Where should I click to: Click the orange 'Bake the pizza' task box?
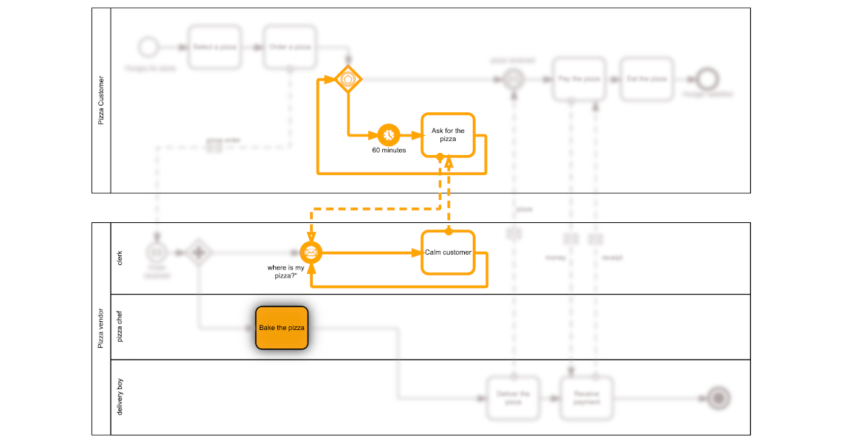click(x=281, y=328)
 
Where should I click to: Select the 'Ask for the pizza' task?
click(x=448, y=134)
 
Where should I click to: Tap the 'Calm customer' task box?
click(x=448, y=253)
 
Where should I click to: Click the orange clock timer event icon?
click(x=389, y=134)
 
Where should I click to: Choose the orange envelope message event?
click(x=311, y=253)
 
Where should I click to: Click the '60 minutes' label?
click(x=389, y=151)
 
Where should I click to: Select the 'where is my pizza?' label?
click(x=286, y=272)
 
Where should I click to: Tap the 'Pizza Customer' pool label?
click(x=101, y=100)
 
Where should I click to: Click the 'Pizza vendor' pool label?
click(x=101, y=329)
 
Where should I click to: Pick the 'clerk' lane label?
click(x=120, y=258)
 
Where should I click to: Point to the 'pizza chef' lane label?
click(x=120, y=327)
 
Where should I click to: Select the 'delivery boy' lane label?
click(x=120, y=396)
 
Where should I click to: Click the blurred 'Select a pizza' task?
click(x=215, y=47)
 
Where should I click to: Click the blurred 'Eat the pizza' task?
click(x=647, y=79)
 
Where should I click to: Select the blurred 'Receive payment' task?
click(x=587, y=399)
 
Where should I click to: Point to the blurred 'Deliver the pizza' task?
click(x=513, y=399)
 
